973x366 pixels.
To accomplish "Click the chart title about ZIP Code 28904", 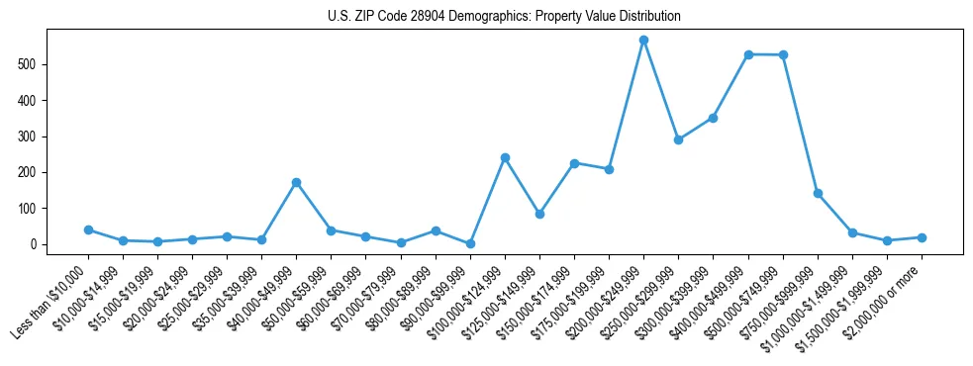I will tap(504, 17).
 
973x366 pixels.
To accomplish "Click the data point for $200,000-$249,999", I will tap(643, 41).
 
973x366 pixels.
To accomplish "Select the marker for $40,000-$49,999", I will tap(296, 183).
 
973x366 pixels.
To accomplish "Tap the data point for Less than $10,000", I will tap(88, 229).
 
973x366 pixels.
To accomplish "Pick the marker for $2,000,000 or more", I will tap(922, 237).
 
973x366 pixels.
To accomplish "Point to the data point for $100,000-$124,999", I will tap(505, 157).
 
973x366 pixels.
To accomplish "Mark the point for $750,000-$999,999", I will tap(818, 194).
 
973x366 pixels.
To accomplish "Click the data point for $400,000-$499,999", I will tap(748, 54).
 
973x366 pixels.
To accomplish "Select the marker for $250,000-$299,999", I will tap(678, 139).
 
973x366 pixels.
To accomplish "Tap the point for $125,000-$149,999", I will tap(539, 214).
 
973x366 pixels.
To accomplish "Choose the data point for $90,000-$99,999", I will tap(470, 243).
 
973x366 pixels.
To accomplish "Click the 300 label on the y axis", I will tap(33, 137).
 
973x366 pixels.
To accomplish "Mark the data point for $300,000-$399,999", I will tap(713, 118).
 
